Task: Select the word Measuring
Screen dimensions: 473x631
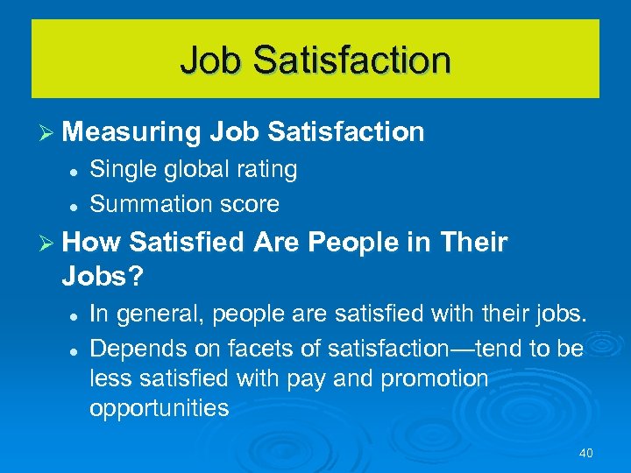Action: click(131, 132)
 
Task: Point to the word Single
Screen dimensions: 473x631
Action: click(118, 170)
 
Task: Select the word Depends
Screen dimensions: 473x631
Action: click(127, 349)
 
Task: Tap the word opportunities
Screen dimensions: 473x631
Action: click(159, 408)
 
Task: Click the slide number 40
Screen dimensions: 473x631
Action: click(586, 453)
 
